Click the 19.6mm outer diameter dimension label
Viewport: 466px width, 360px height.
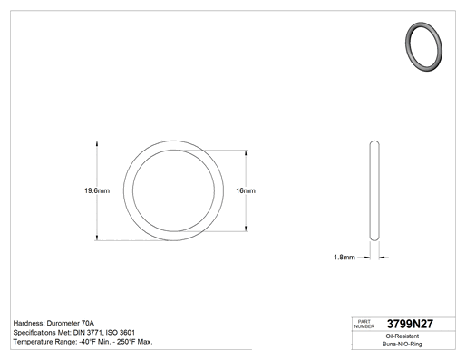97,190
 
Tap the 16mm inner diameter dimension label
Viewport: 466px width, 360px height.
246,190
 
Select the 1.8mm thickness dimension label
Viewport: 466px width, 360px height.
345,258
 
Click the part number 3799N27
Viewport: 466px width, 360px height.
410,324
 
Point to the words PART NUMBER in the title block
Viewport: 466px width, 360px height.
364,324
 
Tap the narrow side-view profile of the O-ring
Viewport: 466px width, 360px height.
374,190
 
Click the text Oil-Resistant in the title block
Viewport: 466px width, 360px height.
403,336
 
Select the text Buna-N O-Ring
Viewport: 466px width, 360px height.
403,344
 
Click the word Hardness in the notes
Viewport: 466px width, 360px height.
29,323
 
